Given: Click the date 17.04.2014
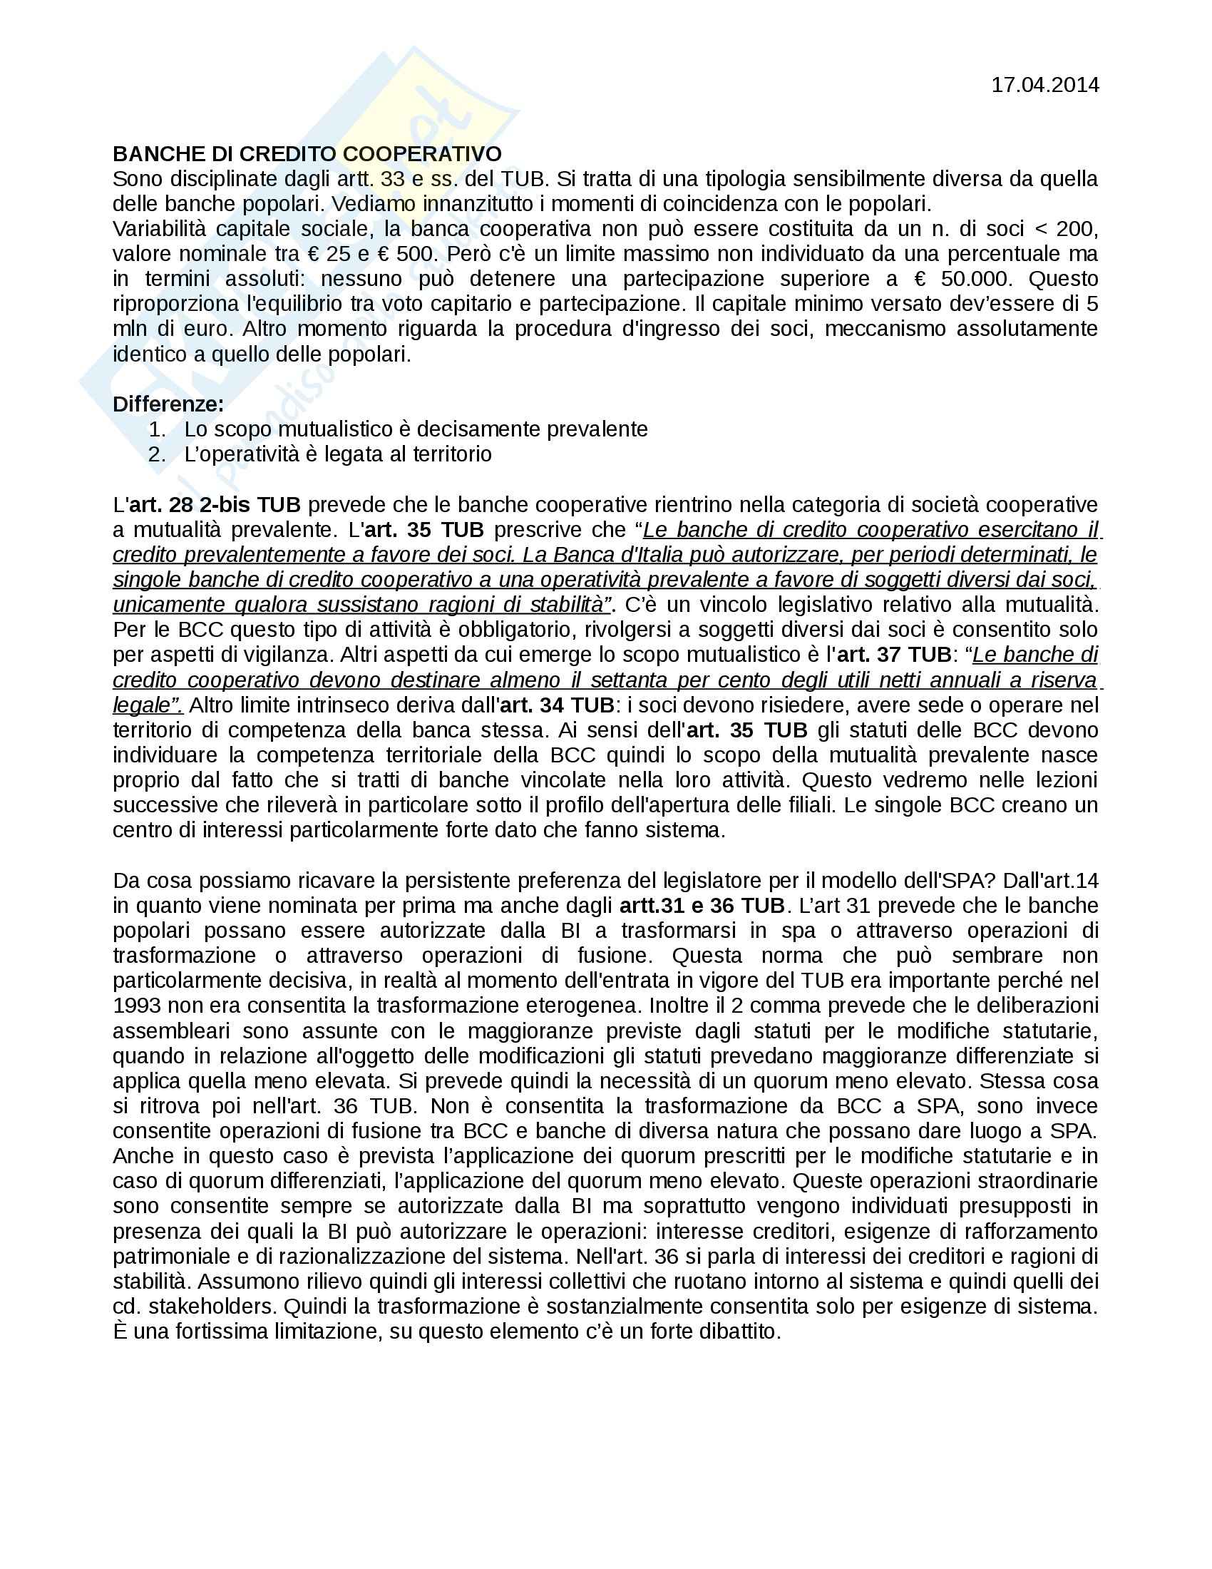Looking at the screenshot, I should point(1044,86).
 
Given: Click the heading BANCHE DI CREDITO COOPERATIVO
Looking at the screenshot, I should point(307,154).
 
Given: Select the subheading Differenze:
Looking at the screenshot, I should point(168,404).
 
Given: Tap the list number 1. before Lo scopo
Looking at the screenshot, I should point(158,429).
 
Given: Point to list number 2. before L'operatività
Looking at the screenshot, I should point(158,455).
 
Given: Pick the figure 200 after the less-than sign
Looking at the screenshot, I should point(1077,229).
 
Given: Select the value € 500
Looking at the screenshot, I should point(406,255).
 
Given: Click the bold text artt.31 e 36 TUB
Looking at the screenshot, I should point(702,906).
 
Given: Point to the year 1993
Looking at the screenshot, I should point(138,1006).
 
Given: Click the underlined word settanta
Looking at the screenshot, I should point(628,680).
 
